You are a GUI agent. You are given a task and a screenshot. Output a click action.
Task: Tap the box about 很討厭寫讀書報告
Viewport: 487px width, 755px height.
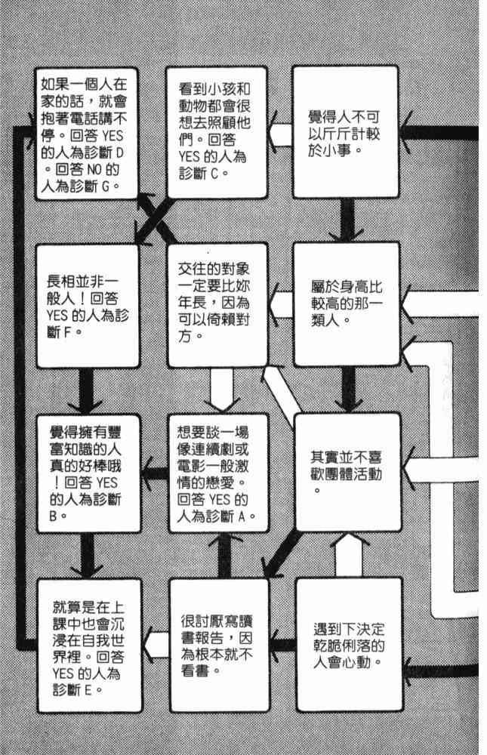click(218, 645)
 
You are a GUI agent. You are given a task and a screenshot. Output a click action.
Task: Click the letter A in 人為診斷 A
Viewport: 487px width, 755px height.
click(244, 516)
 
